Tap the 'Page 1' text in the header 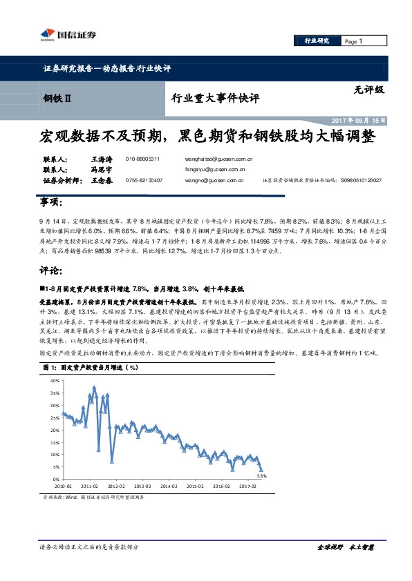(x=353, y=41)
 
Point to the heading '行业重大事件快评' (x=214, y=99)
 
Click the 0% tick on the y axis (x=55, y=479)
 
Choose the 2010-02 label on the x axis (x=63, y=486)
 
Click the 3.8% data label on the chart (x=261, y=475)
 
